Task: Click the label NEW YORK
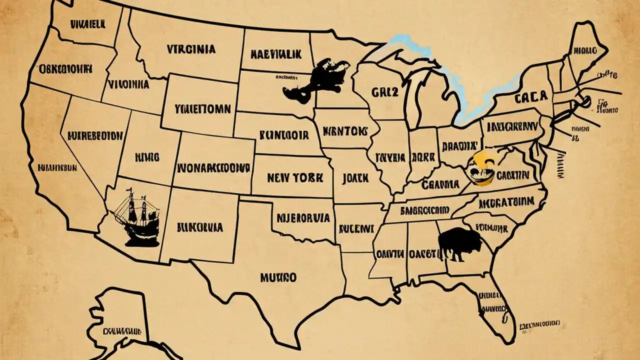pyautogui.click(x=295, y=177)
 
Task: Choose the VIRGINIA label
pyautogui.click(x=191, y=49)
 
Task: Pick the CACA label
pyautogui.click(x=530, y=97)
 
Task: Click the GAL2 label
pyautogui.click(x=385, y=92)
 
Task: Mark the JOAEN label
pyautogui.click(x=355, y=177)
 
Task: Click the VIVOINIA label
pyautogui.click(x=128, y=84)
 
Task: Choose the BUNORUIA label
pyautogui.click(x=199, y=227)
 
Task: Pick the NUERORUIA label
pyautogui.click(x=303, y=218)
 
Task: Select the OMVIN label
pyautogui.click(x=390, y=254)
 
